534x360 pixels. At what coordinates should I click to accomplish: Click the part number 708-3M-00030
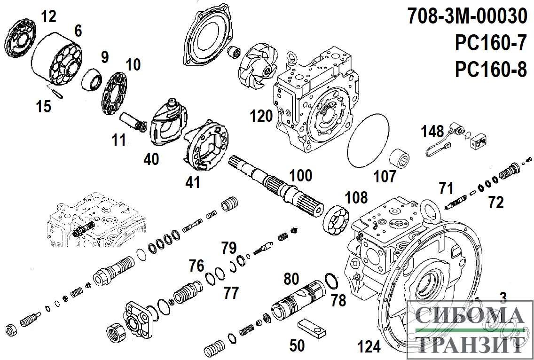pyautogui.click(x=467, y=17)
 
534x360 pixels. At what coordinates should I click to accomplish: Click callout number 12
pyautogui.click(x=48, y=16)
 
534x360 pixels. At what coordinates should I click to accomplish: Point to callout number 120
pyautogui.click(x=261, y=116)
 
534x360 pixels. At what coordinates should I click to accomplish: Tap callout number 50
pyautogui.click(x=297, y=345)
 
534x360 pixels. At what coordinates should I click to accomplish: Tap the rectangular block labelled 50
pyautogui.click(x=311, y=329)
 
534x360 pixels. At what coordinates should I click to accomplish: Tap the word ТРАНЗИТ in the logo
pyautogui.click(x=471, y=345)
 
